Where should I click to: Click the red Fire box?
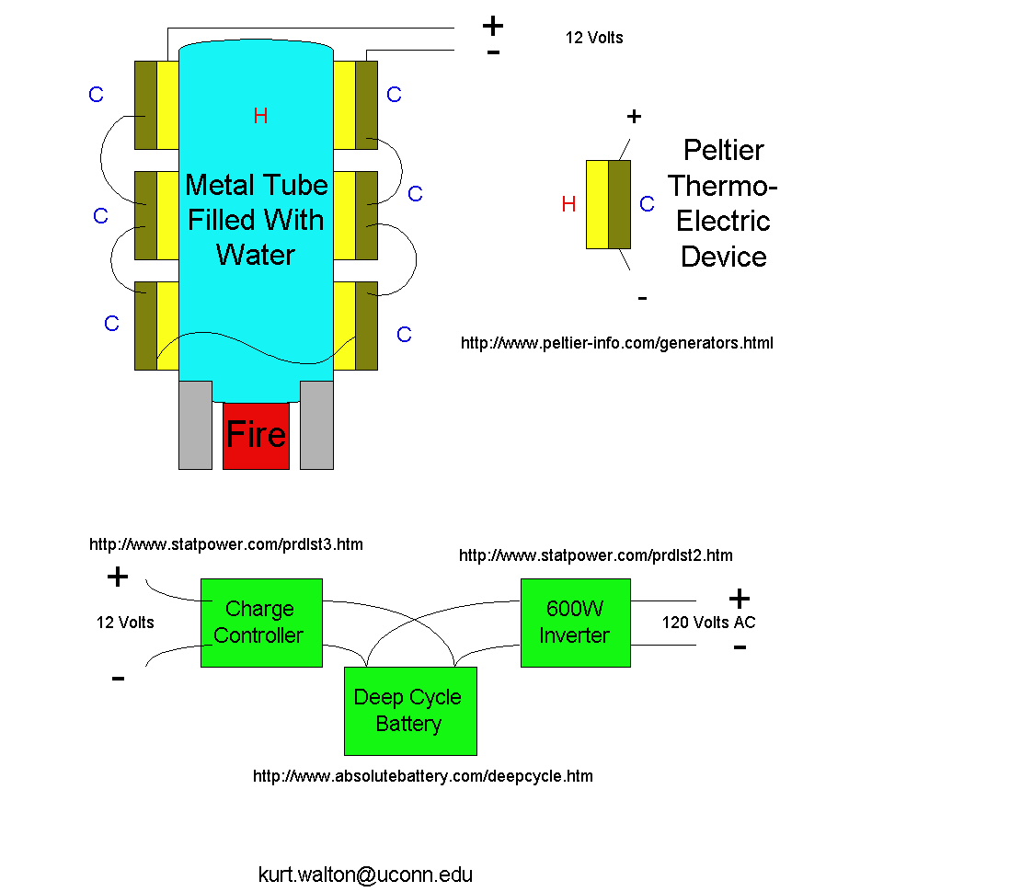(x=256, y=436)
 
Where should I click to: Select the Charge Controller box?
(x=261, y=623)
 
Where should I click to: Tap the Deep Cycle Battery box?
(x=409, y=710)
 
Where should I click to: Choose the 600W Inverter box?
(x=575, y=623)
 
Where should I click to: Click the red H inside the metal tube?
(x=261, y=116)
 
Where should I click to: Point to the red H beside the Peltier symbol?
(x=568, y=204)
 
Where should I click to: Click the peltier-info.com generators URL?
(x=616, y=343)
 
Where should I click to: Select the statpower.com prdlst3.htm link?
(x=225, y=544)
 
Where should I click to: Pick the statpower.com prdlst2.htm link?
(x=595, y=555)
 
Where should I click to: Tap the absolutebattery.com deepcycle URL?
(x=422, y=776)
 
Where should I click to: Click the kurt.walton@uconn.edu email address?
(x=365, y=875)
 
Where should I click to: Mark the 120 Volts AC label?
(x=708, y=623)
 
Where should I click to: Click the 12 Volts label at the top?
(x=593, y=38)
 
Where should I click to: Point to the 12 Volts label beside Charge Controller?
(x=125, y=623)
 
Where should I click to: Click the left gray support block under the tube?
(x=195, y=425)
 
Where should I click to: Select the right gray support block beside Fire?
(x=316, y=425)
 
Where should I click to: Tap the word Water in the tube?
(x=256, y=255)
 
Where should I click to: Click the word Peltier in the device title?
(x=724, y=150)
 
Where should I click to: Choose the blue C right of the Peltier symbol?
(x=647, y=204)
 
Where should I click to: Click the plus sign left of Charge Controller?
(x=118, y=578)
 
